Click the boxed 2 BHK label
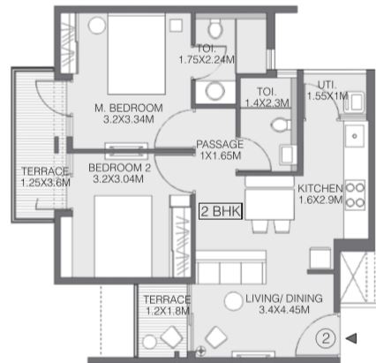(221, 211)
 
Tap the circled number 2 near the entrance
(326, 338)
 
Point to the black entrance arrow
(351, 338)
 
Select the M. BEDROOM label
(129, 108)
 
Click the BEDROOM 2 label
(119, 168)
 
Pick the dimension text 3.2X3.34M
(129, 119)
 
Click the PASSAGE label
(220, 144)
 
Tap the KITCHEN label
(320, 188)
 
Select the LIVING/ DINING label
(284, 299)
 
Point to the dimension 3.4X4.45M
(284, 310)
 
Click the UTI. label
(327, 85)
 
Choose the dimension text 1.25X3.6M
(46, 183)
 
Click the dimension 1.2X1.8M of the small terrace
(168, 311)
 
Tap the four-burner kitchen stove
(355, 195)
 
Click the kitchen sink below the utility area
(355, 136)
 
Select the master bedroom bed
(136, 55)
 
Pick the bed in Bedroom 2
(123, 236)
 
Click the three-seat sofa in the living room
(231, 268)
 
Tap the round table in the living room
(233, 301)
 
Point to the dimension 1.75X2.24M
(207, 60)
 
